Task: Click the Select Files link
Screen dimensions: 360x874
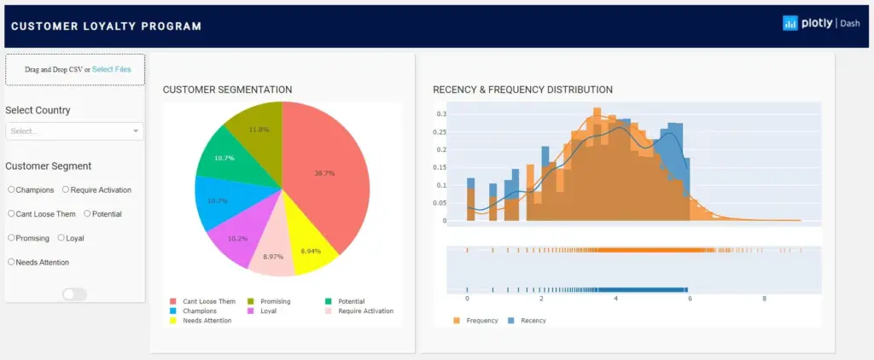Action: pyautogui.click(x=112, y=69)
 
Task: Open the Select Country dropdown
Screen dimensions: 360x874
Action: pyautogui.click(x=74, y=131)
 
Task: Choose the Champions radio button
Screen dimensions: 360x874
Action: pyautogui.click(x=11, y=189)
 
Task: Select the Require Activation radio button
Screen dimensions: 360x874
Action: pyautogui.click(x=66, y=189)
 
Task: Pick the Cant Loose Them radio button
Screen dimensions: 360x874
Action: pyautogui.click(x=11, y=213)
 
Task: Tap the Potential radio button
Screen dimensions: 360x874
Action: pyautogui.click(x=87, y=213)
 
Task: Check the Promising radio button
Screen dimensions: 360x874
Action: pyautogui.click(x=11, y=238)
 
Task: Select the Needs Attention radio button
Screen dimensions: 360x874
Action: pyautogui.click(x=11, y=262)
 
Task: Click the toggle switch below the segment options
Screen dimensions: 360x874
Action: pyautogui.click(x=74, y=294)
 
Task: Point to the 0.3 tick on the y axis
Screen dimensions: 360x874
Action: pyautogui.click(x=441, y=113)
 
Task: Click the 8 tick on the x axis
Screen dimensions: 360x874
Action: pyautogui.click(x=764, y=299)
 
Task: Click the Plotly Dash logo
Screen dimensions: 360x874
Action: pyautogui.click(x=820, y=24)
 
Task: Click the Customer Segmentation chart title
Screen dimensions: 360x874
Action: pyautogui.click(x=227, y=90)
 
